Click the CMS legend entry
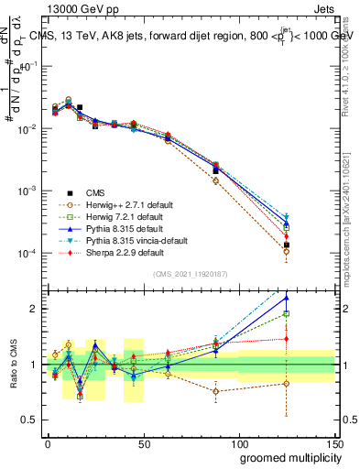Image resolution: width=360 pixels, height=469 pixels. [x=95, y=192]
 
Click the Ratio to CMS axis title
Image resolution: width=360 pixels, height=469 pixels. [x=12, y=363]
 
